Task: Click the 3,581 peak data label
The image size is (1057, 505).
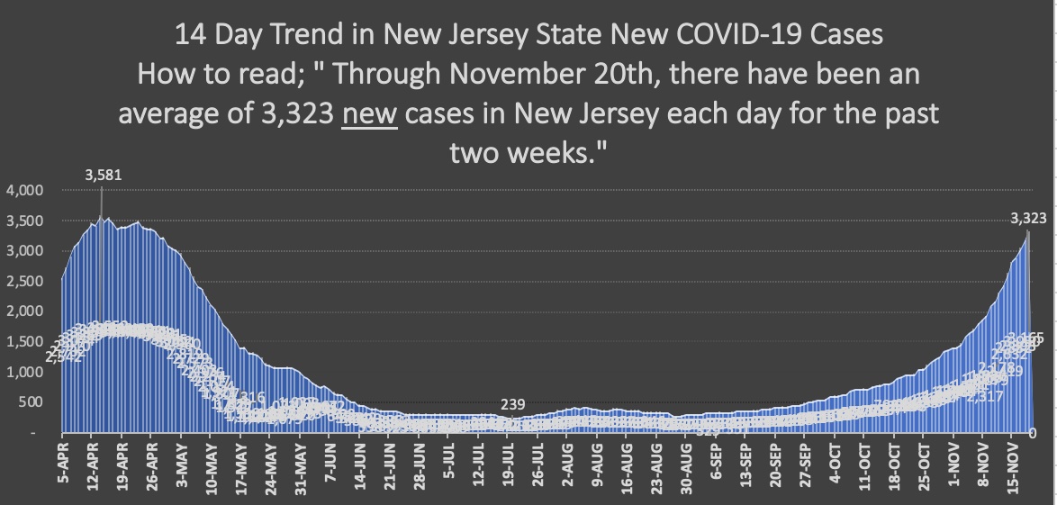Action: point(103,176)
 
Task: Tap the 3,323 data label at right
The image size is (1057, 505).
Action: point(1028,218)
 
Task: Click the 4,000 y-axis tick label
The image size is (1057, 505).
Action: point(25,191)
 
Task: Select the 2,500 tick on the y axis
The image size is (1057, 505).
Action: point(25,282)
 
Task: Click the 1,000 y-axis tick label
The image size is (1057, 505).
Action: point(25,373)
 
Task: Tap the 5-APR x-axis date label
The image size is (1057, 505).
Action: point(61,464)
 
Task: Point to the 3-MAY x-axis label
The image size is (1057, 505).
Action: point(180,464)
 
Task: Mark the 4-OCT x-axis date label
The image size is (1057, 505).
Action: point(834,464)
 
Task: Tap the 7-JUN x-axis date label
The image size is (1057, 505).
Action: point(329,464)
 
